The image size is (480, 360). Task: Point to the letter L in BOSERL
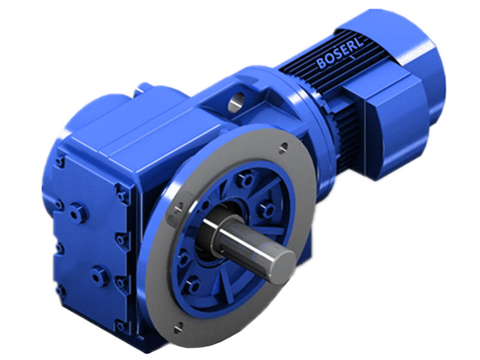tap(363, 46)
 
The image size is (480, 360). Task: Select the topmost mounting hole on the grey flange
tap(283, 145)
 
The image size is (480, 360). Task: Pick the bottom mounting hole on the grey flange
tap(179, 326)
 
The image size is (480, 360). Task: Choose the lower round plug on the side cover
tap(100, 275)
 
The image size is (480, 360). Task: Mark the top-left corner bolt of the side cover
tap(60, 161)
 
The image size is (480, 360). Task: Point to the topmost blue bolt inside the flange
tap(245, 179)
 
